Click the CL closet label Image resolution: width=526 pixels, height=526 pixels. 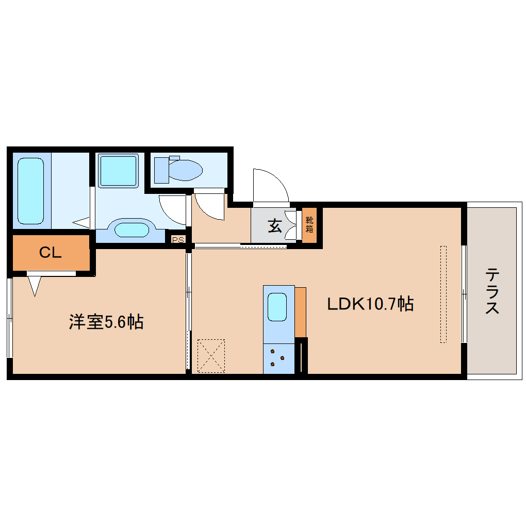(x=51, y=252)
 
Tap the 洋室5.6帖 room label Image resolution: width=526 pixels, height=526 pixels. (x=106, y=322)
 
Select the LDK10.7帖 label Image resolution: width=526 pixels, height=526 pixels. (x=370, y=304)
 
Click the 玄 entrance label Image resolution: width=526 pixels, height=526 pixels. (x=274, y=225)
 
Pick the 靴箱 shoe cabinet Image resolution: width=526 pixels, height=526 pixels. (x=309, y=225)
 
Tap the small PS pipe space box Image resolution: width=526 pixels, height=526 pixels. (x=178, y=239)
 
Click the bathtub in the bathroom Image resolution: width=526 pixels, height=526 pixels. (x=30, y=190)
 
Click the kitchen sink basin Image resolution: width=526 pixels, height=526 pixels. (x=278, y=307)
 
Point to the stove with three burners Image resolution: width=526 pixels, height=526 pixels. (x=278, y=358)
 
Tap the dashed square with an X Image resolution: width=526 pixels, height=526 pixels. (x=211, y=355)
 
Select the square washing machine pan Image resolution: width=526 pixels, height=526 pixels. (x=118, y=171)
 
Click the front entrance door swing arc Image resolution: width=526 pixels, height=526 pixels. (x=270, y=186)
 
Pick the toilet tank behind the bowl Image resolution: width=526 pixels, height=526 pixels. (x=161, y=170)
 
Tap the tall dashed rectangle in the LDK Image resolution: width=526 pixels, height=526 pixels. (x=443, y=294)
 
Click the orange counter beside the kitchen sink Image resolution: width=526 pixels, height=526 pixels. (x=300, y=312)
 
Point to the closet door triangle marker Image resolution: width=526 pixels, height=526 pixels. (x=35, y=285)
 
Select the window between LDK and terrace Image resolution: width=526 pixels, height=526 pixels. (x=464, y=294)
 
